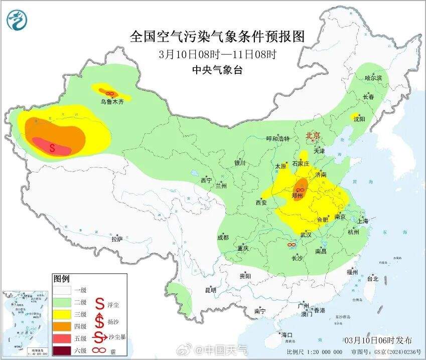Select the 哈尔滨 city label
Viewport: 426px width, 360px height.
pos(373,78)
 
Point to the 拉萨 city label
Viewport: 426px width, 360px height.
pos(117,239)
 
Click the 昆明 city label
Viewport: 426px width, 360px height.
pos(210,290)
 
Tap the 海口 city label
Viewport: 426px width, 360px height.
pos(287,334)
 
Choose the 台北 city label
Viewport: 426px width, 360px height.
pos(372,278)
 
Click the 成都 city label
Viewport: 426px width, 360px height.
pos(223,237)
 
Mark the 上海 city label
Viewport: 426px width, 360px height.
pos(363,221)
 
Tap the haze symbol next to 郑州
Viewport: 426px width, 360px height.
pos(301,190)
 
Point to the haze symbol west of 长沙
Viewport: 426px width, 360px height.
pos(291,245)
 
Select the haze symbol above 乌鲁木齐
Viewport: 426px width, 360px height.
pos(110,93)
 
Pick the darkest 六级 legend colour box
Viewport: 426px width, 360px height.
pos(64,349)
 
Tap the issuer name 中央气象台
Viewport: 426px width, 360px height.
pos(217,70)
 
